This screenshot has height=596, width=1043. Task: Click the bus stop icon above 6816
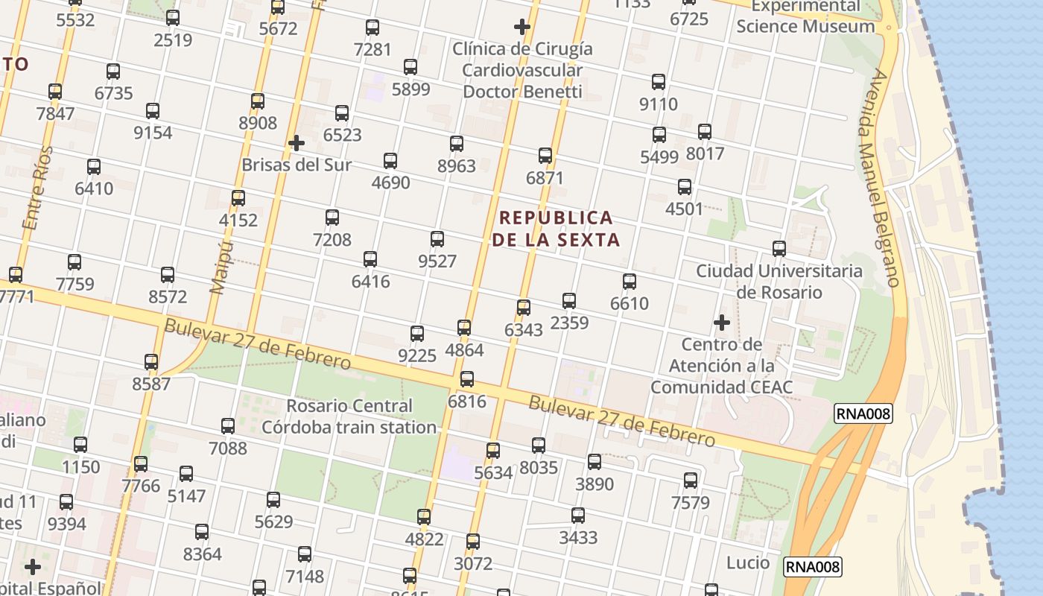click(467, 379)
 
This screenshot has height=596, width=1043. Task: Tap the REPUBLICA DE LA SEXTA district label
click(556, 228)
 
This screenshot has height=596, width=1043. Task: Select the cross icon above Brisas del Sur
click(297, 142)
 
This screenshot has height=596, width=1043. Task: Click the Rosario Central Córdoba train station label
click(349, 416)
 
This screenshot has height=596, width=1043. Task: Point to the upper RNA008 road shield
click(863, 414)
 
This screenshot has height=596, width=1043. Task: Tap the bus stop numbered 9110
click(659, 82)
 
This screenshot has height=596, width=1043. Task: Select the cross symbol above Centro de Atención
click(721, 323)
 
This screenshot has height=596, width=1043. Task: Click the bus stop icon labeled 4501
click(685, 187)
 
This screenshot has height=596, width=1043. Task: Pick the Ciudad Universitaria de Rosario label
click(779, 281)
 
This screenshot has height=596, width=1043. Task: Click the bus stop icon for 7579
click(691, 481)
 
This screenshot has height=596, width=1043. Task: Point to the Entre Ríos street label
click(39, 188)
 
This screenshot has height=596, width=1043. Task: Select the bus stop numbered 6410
click(94, 167)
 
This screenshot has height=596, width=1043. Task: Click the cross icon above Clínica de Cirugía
click(522, 27)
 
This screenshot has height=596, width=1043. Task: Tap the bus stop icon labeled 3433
click(577, 516)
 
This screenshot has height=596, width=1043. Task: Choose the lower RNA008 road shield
click(813, 567)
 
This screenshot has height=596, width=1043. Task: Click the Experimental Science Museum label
click(805, 16)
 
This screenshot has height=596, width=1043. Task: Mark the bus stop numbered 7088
click(228, 426)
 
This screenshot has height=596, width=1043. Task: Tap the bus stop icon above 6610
click(630, 282)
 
